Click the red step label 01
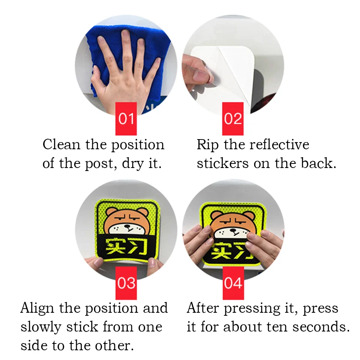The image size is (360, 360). pyautogui.click(x=126, y=119)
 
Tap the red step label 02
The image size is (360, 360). pyautogui.click(x=233, y=119)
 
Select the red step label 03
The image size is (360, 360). pyautogui.click(x=126, y=283)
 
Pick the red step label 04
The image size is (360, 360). pyautogui.click(x=233, y=283)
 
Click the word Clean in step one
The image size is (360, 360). pyautogui.click(x=61, y=145)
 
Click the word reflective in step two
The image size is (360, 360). pyautogui.click(x=279, y=145)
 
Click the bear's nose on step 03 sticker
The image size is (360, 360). pyautogui.click(x=127, y=226)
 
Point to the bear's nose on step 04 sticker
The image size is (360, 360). pyautogui.click(x=234, y=230)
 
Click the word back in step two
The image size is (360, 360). pyautogui.click(x=318, y=163)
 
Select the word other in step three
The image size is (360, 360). pyautogui.click(x=114, y=346)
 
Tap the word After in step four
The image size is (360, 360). pyautogui.click(x=203, y=308)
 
